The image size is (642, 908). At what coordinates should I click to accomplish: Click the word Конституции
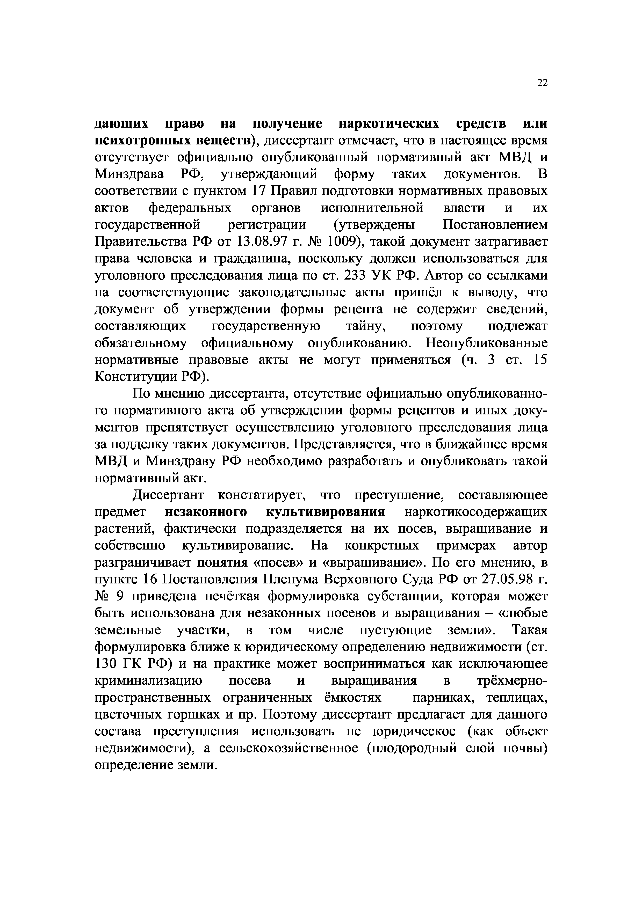tap(136, 377)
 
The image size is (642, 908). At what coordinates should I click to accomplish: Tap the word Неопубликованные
tap(487, 343)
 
